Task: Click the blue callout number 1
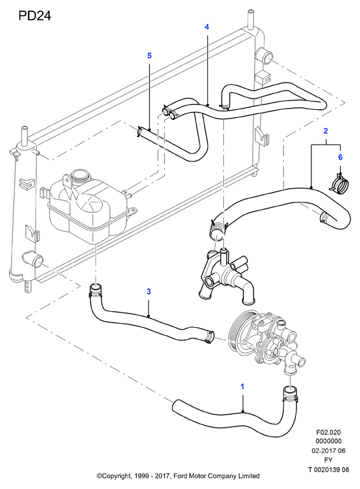pyautogui.click(x=243, y=386)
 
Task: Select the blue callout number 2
pyautogui.click(x=326, y=131)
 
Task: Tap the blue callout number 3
pyautogui.click(x=149, y=291)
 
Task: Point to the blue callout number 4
pyautogui.click(x=207, y=27)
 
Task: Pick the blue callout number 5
pyautogui.click(x=149, y=56)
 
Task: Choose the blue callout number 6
pyautogui.click(x=341, y=157)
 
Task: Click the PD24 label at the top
pyautogui.click(x=35, y=15)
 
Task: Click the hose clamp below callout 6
pyautogui.click(x=340, y=183)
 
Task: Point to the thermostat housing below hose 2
pyautogui.click(x=225, y=275)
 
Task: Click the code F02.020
pyautogui.click(x=329, y=432)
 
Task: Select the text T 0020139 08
pyautogui.click(x=329, y=470)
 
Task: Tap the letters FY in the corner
pyautogui.click(x=329, y=460)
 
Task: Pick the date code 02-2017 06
pyautogui.click(x=329, y=450)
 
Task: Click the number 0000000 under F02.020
pyautogui.click(x=329, y=441)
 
